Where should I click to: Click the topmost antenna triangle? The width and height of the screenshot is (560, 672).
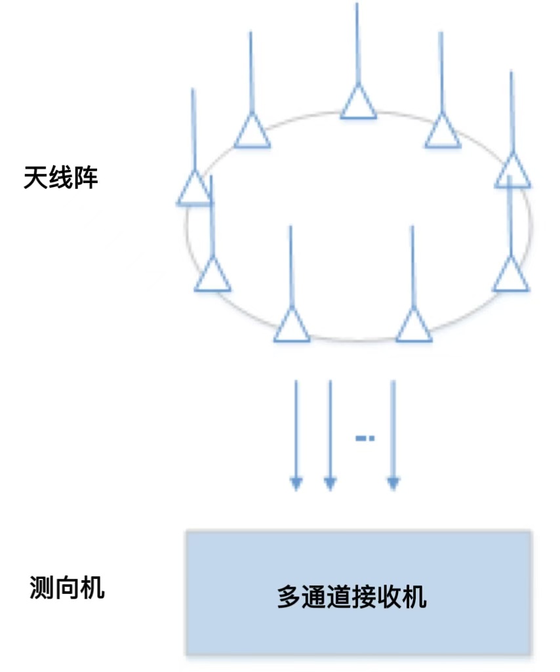pos(358,104)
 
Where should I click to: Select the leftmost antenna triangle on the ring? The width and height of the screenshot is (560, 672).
pos(194,189)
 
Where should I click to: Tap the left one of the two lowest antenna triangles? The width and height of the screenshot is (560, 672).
pos(292,326)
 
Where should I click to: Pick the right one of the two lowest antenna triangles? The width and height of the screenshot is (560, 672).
pos(414,326)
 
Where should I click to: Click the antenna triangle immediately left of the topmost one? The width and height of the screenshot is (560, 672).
pos(252,132)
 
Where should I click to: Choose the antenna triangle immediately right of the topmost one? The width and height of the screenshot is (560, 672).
pos(443,132)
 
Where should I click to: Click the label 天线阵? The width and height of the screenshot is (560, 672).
pos(61,178)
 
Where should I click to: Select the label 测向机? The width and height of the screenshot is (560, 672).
pos(68,587)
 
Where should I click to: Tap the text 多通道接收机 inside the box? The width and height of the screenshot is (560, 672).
pos(352,598)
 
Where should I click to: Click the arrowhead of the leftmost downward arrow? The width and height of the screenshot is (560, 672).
pos(296,484)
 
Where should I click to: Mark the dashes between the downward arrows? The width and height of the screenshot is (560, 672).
pos(365,438)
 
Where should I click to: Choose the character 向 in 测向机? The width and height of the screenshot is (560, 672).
pos(68,587)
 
